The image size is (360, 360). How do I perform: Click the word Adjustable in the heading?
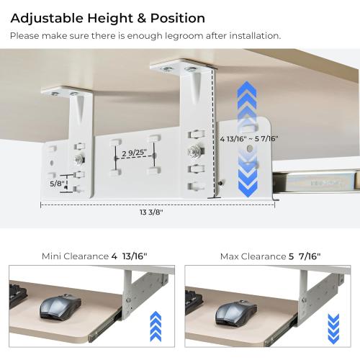47,19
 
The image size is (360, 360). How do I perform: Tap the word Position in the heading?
178,18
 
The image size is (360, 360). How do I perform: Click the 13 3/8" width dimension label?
151,212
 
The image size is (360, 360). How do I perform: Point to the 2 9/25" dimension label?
134,153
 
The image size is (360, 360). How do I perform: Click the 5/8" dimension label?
58,184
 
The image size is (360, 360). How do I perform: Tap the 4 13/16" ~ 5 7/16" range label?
249,138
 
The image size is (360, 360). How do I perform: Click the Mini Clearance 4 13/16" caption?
94,256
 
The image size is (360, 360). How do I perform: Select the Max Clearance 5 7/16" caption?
270,256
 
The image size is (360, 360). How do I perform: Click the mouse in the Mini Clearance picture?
60,307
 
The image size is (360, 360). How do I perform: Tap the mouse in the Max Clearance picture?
236,313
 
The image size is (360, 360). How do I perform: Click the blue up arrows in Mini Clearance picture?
156,326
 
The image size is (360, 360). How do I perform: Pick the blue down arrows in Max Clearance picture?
333,328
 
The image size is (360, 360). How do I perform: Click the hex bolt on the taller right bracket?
195,151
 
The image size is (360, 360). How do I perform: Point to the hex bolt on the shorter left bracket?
80,159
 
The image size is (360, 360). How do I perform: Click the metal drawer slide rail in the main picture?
316,181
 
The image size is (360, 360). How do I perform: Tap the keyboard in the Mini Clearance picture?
17,296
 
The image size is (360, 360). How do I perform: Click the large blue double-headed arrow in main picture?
247,139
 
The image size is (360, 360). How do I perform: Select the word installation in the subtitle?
255,36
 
